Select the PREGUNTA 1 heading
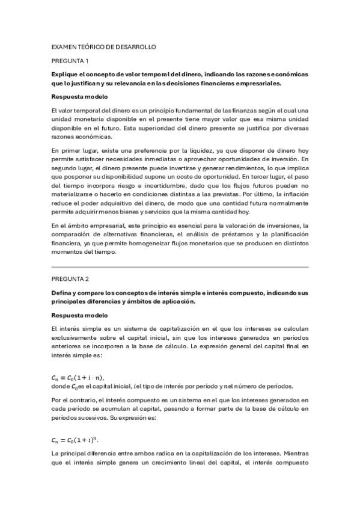tap(70, 61)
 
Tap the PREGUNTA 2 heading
tap(70, 278)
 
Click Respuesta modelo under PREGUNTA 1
tap(79, 97)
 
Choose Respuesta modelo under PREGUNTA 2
tap(79, 315)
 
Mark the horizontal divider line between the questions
tap(180, 266)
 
